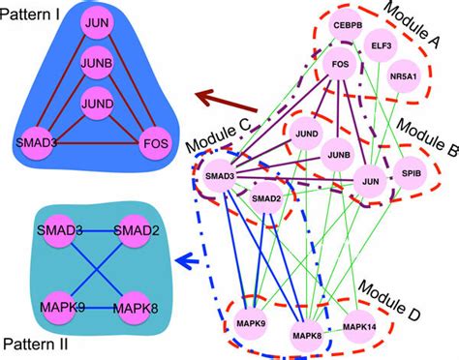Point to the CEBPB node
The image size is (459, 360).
click(x=347, y=23)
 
